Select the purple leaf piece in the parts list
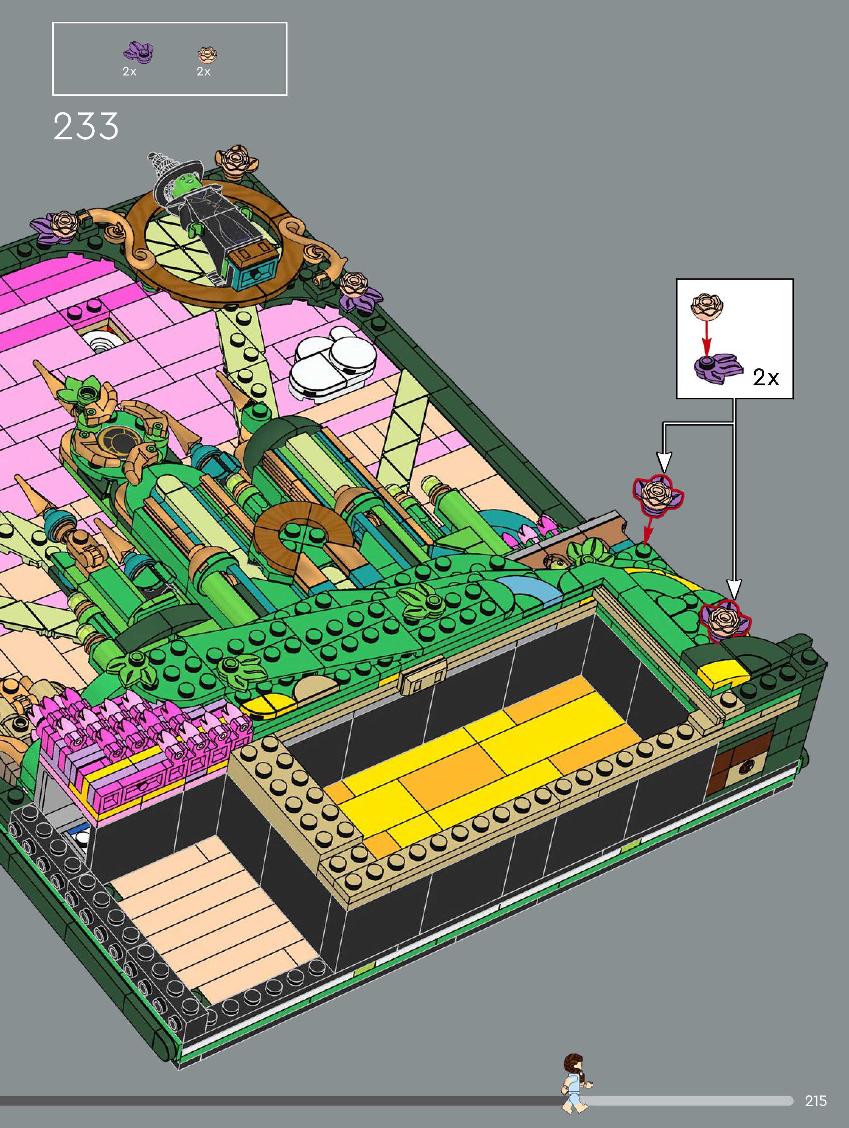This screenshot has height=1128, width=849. click(139, 52)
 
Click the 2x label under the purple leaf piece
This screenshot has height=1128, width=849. click(129, 72)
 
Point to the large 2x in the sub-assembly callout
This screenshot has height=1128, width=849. click(766, 378)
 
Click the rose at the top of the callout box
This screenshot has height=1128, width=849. click(707, 306)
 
